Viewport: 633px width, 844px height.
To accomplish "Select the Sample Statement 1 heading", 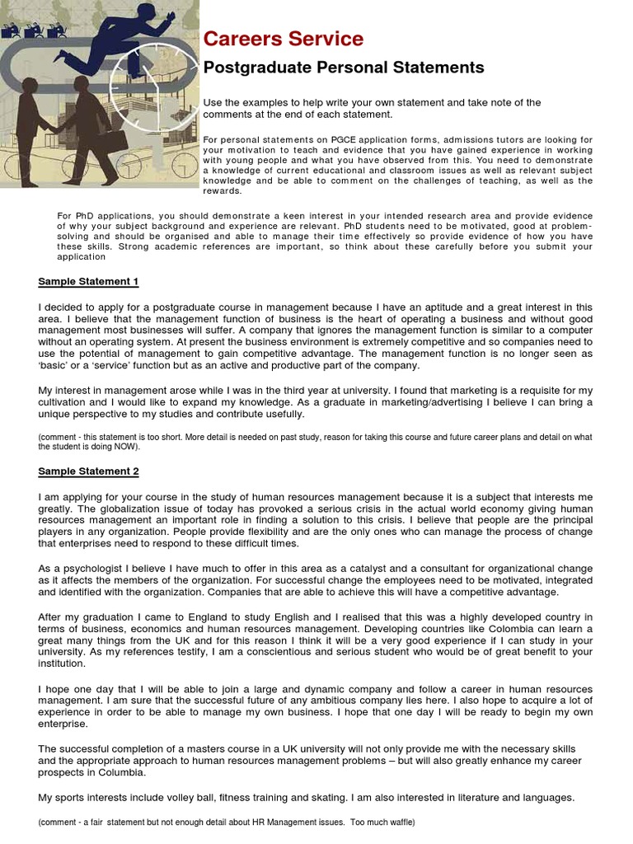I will pos(88,282).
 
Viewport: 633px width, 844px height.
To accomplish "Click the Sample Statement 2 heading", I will pos(88,471).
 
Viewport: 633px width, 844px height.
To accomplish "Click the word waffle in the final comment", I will pos(395,823).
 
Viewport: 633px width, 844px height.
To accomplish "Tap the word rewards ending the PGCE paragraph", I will pos(223,190).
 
